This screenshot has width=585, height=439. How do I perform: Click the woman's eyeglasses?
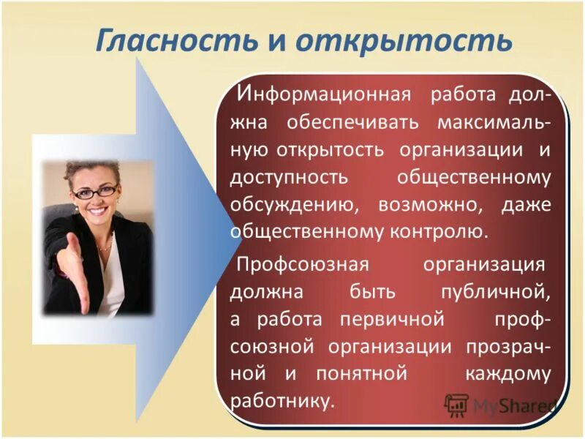pos(94,192)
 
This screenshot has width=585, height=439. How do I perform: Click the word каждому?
pos(508,373)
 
